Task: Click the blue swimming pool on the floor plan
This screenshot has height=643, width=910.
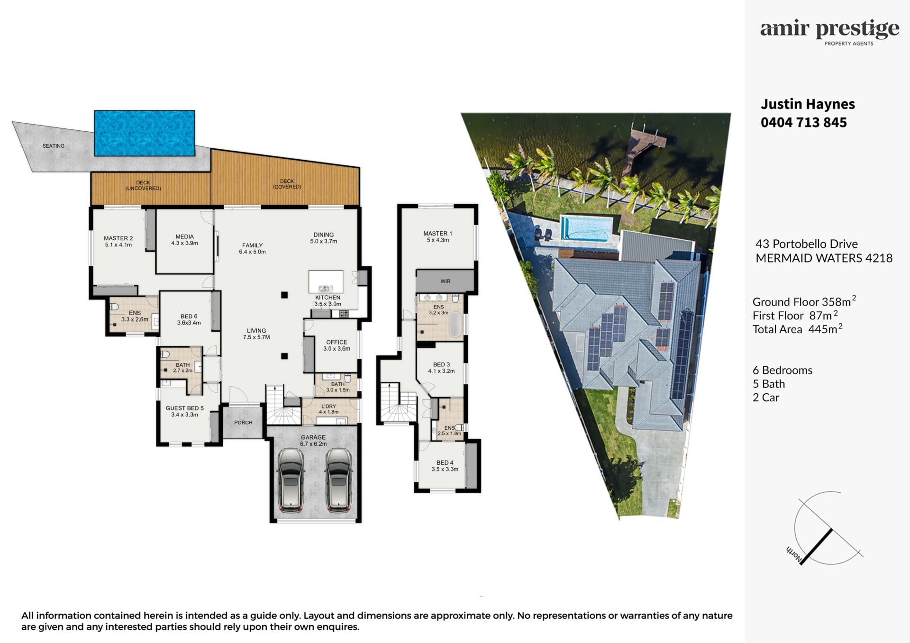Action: pos(145,133)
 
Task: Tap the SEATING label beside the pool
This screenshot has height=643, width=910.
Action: pos(54,146)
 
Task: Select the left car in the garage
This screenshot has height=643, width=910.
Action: pos(291,480)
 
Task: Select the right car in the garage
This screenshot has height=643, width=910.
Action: pos(338,480)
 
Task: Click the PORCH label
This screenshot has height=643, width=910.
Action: pos(243,423)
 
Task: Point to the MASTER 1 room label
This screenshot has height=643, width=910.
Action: pos(438,234)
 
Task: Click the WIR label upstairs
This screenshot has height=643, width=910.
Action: pos(446,281)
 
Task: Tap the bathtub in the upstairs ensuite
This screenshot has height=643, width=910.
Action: pos(455,325)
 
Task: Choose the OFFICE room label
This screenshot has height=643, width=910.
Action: pos(337,342)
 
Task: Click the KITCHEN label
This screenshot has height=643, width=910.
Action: pos(328,298)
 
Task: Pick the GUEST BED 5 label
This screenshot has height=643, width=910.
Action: pos(185,408)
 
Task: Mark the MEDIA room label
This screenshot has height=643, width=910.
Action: pos(184,236)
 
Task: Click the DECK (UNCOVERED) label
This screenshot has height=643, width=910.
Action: pos(143,185)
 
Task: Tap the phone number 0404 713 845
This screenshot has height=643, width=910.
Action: pos(804,123)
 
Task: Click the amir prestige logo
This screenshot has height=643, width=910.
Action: pos(830,32)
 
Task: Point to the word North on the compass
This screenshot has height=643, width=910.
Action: pos(794,555)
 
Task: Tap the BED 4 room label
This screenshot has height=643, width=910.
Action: pos(445,463)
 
